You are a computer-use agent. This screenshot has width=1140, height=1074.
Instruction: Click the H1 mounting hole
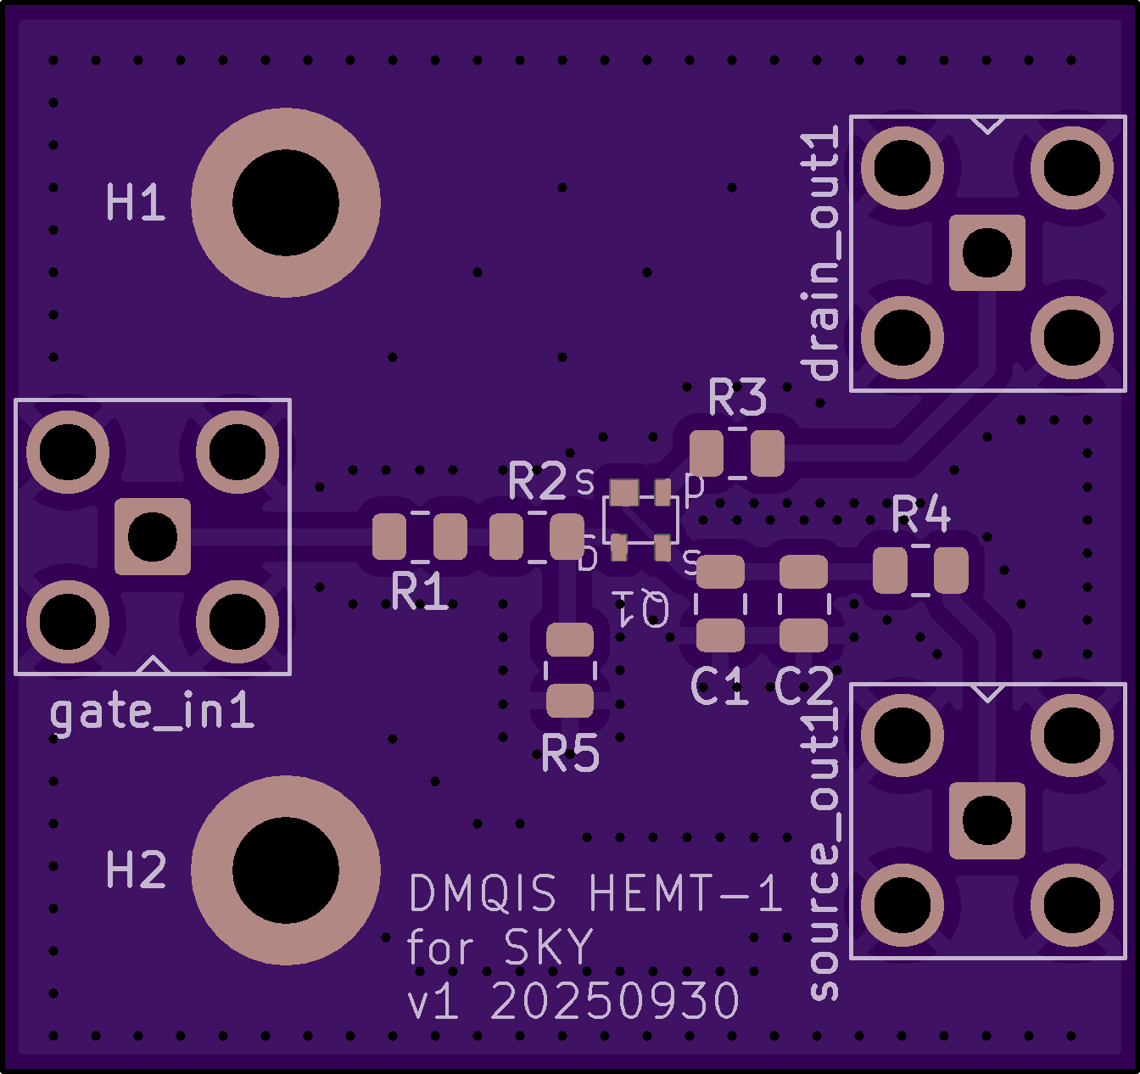[286, 203]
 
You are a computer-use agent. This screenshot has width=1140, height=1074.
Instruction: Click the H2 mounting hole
[286, 870]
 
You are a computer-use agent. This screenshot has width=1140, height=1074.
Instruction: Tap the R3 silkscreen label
[737, 398]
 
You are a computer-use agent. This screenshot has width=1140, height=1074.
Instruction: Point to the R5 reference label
[570, 753]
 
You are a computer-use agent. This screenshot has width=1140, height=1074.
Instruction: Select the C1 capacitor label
[719, 686]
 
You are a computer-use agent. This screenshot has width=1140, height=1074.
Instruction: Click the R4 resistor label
[921, 513]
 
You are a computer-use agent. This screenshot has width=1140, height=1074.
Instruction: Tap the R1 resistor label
[420, 591]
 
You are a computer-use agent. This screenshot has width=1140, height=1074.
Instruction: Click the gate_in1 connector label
[153, 713]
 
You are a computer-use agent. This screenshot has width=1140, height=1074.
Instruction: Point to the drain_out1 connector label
[822, 253]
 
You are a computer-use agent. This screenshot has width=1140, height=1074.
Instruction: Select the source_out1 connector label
[822, 853]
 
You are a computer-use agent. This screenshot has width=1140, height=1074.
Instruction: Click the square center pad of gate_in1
[153, 536]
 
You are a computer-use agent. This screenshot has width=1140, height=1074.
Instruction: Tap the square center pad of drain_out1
[987, 253]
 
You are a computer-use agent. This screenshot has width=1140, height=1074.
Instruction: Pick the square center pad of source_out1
[987, 820]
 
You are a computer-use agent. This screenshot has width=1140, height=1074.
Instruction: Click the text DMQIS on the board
[483, 894]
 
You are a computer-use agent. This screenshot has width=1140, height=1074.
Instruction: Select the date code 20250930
[615, 1002]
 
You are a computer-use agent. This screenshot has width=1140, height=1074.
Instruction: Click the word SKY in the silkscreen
[548, 948]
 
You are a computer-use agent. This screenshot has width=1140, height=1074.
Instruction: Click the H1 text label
[136, 204]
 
